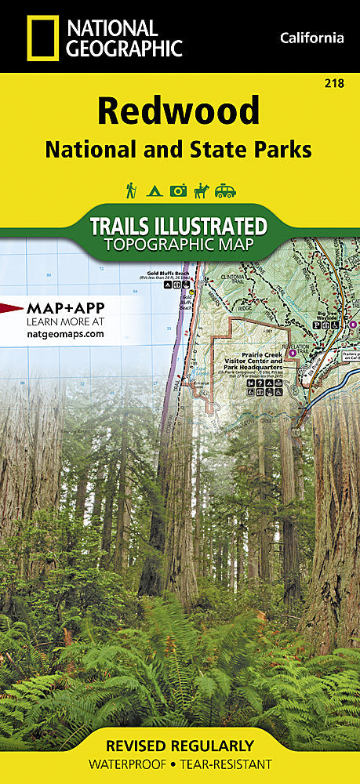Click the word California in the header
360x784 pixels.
311,38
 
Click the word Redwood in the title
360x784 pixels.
178,111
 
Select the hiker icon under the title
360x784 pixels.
132,190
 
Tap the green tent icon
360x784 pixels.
155,190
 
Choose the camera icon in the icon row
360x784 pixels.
179,190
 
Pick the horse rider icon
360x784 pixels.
202,190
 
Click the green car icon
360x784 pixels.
226,190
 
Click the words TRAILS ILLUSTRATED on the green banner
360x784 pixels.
179,226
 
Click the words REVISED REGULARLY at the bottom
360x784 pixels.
180,746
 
